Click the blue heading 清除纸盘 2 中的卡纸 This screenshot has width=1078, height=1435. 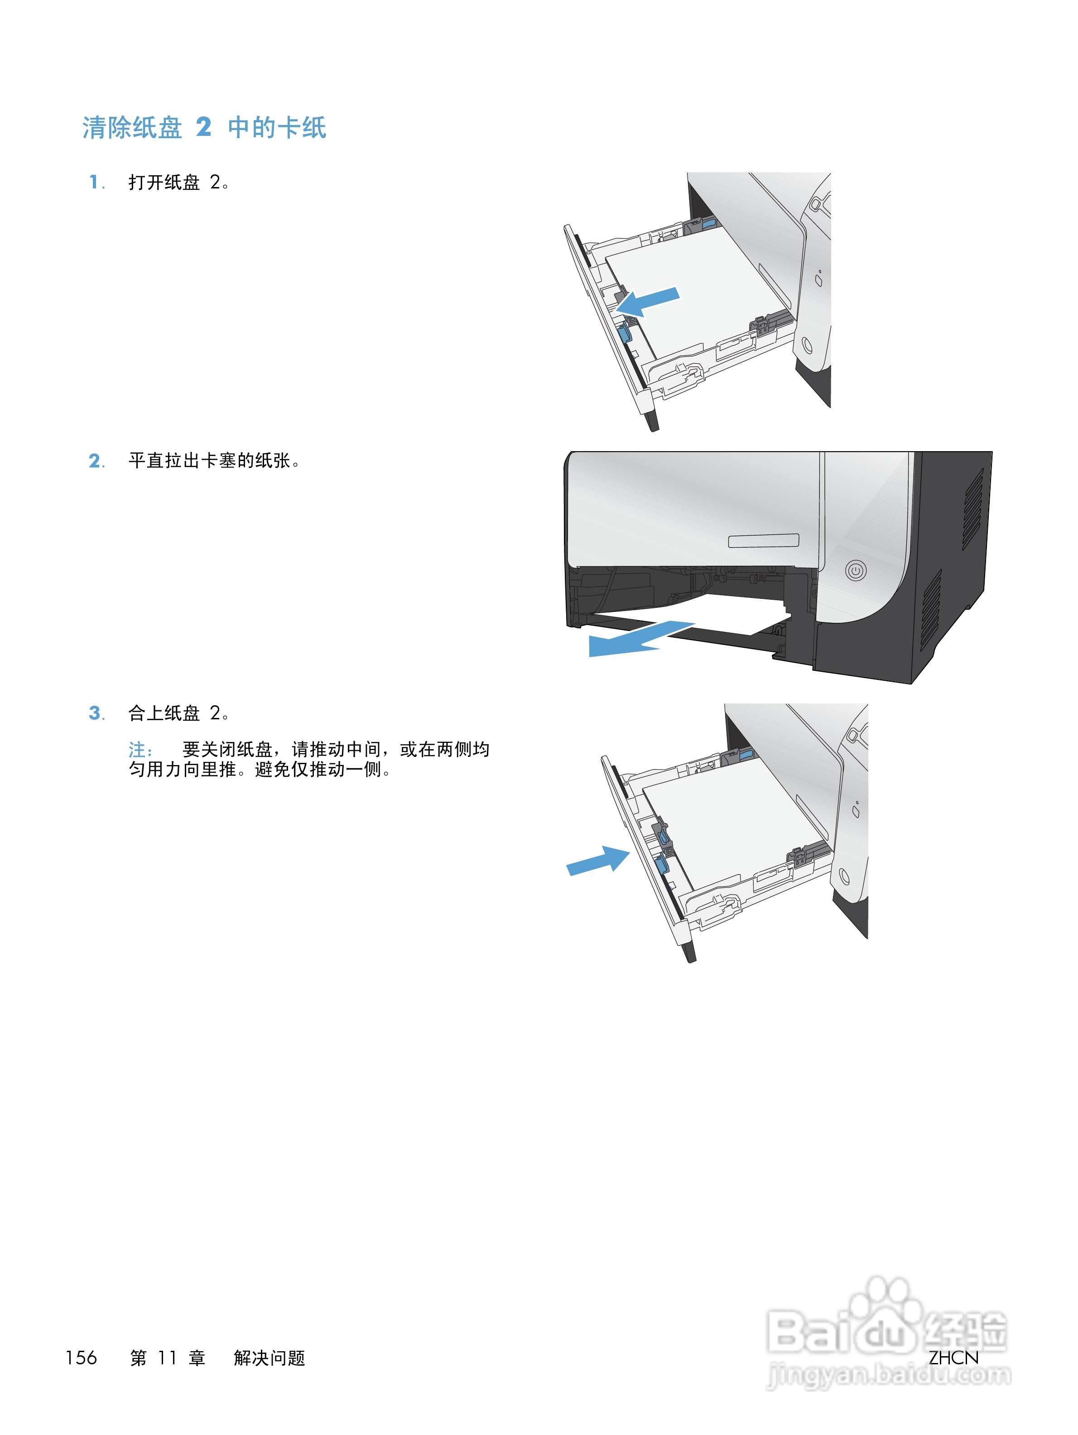click(x=204, y=128)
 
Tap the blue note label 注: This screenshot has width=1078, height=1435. click(x=140, y=751)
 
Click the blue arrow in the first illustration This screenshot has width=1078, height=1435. click(x=647, y=302)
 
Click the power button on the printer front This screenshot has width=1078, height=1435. click(x=856, y=571)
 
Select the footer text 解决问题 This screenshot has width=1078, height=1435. click(x=269, y=1358)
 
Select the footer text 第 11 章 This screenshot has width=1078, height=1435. click(x=167, y=1358)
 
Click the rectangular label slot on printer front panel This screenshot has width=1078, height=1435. click(x=763, y=540)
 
